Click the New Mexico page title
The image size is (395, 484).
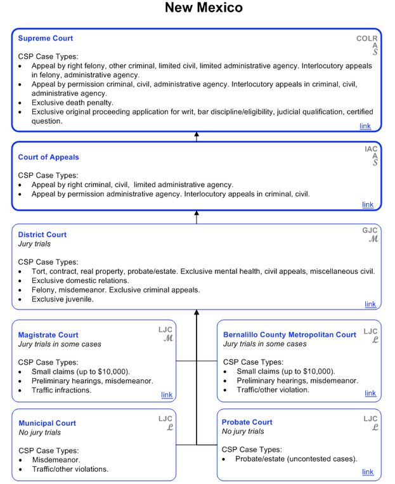point(203,8)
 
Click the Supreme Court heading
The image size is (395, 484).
point(46,39)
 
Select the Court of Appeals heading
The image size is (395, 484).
point(49,157)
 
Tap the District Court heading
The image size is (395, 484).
point(42,235)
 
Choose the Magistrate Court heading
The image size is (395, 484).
point(49,335)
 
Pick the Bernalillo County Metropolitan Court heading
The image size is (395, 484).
point(290,334)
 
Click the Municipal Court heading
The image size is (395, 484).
point(48,423)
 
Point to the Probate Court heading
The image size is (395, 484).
point(247,422)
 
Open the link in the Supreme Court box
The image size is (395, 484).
point(365,126)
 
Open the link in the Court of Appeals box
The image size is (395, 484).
point(368,204)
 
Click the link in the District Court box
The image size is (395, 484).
point(370,304)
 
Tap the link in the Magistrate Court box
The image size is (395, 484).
point(167,395)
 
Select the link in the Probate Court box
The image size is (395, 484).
point(368,472)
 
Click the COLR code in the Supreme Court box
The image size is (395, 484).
point(366,39)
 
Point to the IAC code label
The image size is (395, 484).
point(371,149)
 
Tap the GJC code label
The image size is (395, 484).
point(370,230)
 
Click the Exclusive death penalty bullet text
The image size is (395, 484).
point(72,102)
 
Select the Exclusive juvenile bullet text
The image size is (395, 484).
point(63,299)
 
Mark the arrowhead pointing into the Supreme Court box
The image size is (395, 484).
point(197,134)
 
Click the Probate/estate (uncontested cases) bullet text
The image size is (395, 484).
point(296,459)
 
